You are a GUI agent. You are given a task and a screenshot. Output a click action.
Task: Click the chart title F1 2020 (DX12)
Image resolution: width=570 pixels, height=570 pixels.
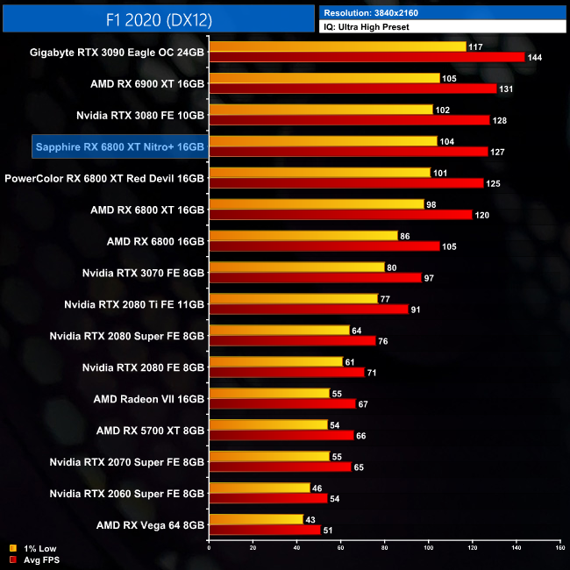159,16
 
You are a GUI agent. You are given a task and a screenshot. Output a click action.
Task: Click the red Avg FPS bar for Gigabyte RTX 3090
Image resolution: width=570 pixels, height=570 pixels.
367,57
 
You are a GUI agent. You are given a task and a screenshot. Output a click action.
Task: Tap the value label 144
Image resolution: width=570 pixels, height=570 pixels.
534,57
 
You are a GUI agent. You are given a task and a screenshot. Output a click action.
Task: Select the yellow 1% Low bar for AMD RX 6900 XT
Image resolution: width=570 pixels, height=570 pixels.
324,78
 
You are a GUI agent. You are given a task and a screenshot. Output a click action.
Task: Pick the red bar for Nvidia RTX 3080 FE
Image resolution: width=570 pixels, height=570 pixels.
349,120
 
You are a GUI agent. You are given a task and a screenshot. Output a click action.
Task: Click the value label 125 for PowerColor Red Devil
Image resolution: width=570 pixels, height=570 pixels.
494,183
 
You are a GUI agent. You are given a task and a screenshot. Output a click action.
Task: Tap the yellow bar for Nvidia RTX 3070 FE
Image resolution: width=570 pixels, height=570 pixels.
296,267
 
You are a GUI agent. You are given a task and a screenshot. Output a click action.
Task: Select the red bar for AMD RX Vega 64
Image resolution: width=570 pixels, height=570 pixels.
265,530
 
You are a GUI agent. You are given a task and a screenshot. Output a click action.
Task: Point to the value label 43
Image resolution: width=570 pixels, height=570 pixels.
310,519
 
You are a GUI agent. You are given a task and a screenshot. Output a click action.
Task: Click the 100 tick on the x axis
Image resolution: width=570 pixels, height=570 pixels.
428,548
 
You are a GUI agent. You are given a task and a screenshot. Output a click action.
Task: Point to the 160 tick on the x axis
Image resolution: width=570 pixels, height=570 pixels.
559,548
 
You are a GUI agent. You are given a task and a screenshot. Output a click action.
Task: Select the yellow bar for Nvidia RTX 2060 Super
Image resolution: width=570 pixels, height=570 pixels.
260,488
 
